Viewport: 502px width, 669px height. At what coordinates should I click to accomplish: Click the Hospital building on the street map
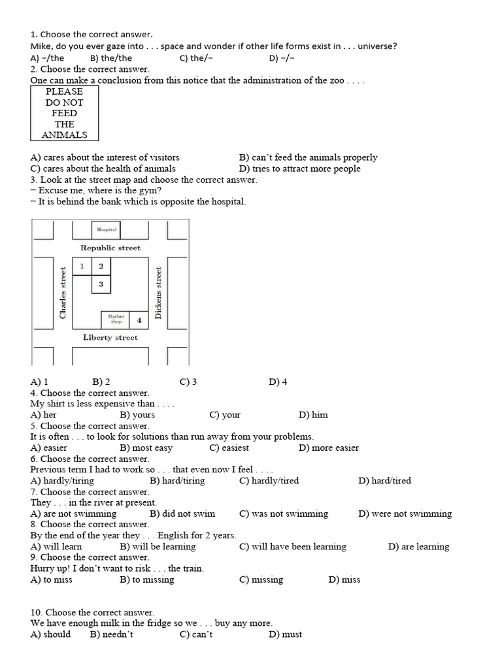[x=107, y=229]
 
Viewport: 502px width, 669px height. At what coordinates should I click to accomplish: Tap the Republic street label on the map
[x=110, y=248]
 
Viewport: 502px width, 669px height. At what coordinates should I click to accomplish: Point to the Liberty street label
[x=110, y=337]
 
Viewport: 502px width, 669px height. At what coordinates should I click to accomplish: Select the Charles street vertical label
[x=63, y=293]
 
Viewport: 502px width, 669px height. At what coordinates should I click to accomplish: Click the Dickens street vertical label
[x=158, y=292]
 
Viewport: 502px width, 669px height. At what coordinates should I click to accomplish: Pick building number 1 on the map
[x=82, y=266]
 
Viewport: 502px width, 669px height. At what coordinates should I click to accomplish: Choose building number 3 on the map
[x=101, y=284]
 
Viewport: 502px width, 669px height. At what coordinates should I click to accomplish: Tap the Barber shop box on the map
[x=116, y=319]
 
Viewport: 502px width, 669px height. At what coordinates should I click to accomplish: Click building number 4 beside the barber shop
[x=139, y=320]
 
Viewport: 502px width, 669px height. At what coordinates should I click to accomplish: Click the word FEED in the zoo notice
[x=64, y=113]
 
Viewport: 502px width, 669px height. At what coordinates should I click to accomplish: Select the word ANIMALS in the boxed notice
[x=64, y=135]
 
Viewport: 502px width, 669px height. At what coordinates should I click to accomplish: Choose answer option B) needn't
[x=112, y=634]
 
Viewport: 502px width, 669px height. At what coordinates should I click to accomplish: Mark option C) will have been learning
[x=292, y=546]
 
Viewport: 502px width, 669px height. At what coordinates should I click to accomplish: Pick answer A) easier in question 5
[x=49, y=448]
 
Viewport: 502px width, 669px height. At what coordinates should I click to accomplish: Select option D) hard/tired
[x=384, y=480]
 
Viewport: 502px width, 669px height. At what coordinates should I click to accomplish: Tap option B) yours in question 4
[x=137, y=414]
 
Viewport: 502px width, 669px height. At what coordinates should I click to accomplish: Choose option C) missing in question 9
[x=261, y=579]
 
